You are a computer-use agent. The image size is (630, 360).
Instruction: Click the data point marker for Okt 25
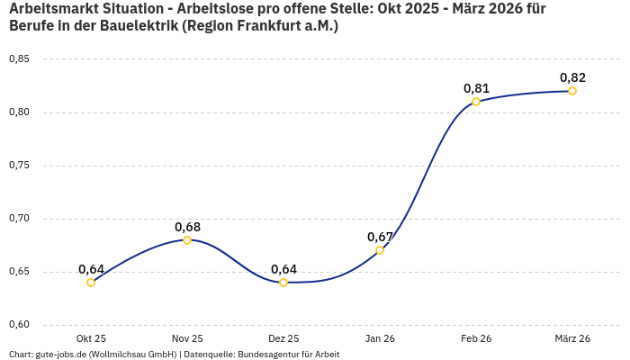[x=91, y=283]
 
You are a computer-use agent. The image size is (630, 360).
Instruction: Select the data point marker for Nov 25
[x=187, y=240]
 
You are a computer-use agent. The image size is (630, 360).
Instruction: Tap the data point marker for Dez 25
[x=283, y=283]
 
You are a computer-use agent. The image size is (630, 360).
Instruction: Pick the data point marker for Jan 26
[x=380, y=250]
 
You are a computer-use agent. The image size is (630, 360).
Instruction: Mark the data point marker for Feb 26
[x=476, y=102]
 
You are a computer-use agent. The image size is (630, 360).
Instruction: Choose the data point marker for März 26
[x=572, y=91]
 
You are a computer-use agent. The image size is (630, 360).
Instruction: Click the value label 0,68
[x=187, y=227]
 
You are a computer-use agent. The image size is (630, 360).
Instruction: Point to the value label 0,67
[x=380, y=237]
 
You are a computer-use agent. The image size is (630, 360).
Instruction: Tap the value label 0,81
[x=476, y=88]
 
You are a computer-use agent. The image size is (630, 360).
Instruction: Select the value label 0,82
[x=572, y=77]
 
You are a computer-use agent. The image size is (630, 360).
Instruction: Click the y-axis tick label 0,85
[x=19, y=59]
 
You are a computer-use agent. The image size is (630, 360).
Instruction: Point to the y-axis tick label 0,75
[x=19, y=166]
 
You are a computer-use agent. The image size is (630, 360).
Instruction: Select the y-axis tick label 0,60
[x=19, y=325]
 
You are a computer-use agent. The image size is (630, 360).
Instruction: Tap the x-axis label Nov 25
[x=187, y=338]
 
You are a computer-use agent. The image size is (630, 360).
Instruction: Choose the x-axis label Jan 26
[x=380, y=338]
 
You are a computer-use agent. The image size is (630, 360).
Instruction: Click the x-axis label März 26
[x=572, y=338]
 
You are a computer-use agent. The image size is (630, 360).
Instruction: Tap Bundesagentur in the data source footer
[x=272, y=355]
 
